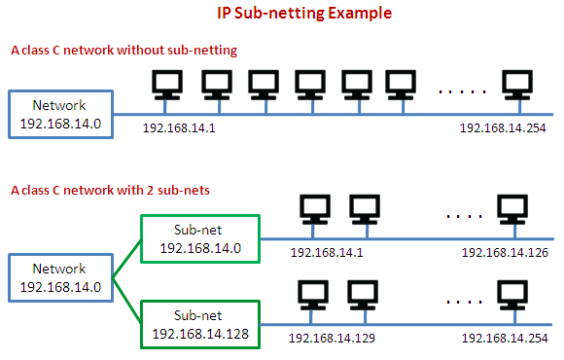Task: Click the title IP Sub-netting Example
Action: click(x=291, y=15)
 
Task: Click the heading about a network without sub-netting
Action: click(x=123, y=49)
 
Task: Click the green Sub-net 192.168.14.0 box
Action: click(x=199, y=238)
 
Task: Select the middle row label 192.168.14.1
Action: click(x=327, y=253)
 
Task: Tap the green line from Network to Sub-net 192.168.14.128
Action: click(x=127, y=301)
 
